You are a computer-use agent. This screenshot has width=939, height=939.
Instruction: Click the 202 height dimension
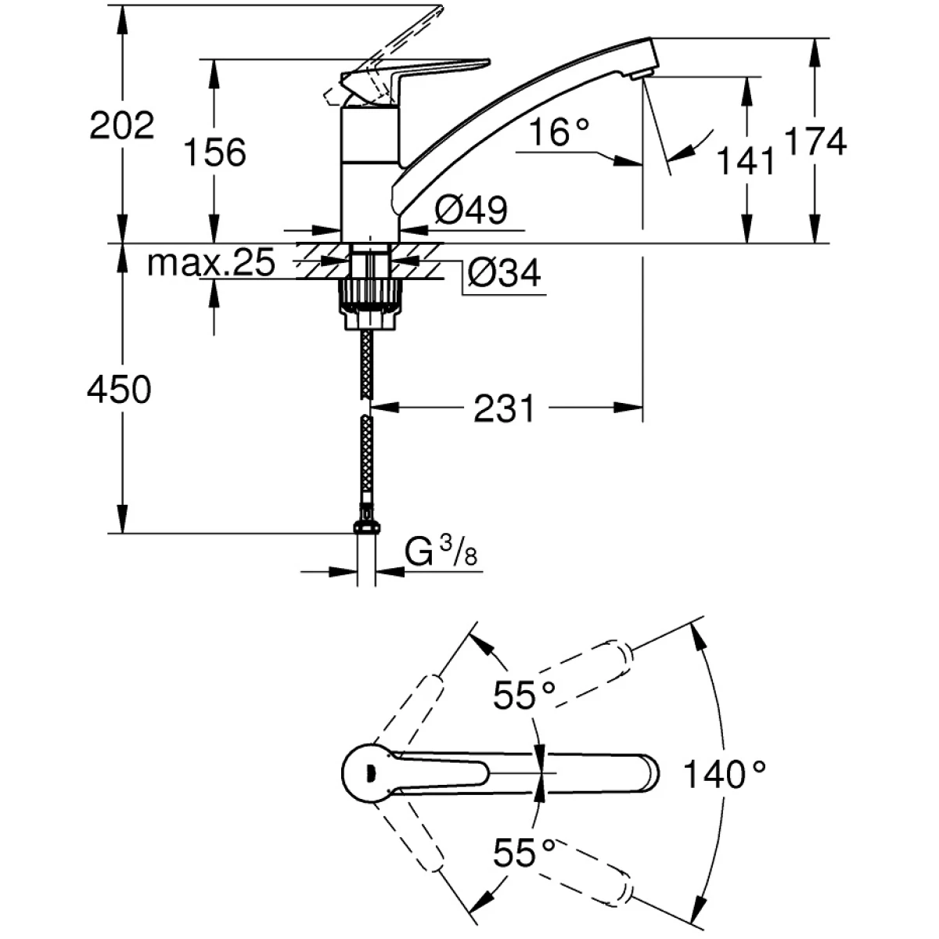[122, 126]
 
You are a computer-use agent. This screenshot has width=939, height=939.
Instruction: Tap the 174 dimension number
[816, 142]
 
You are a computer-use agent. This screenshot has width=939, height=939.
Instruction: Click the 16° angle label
[557, 133]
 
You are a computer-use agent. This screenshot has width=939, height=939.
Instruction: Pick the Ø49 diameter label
[471, 210]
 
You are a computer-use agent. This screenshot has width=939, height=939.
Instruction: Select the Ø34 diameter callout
[504, 274]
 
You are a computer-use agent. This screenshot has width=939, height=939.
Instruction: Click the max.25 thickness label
[211, 264]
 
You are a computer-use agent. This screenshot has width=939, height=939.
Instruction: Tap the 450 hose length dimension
[120, 389]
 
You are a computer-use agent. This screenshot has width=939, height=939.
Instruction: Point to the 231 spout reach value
[505, 408]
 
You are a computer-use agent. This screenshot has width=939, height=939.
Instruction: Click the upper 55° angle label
[524, 695]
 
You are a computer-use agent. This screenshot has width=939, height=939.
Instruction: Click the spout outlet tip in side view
[640, 74]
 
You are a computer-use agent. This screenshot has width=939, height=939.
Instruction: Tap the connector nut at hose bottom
[365, 527]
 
